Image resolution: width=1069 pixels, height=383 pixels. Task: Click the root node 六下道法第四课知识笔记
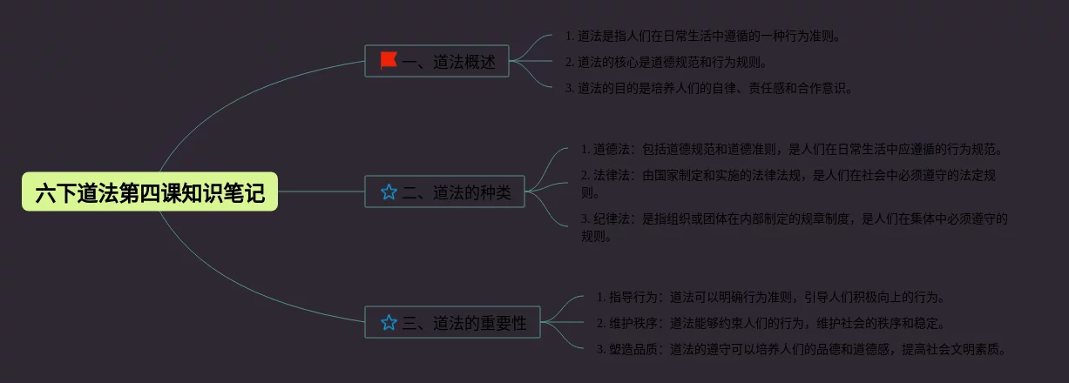click(x=149, y=192)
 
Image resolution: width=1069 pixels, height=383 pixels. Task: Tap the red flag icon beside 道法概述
click(x=389, y=61)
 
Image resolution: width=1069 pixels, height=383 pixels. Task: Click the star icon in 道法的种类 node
click(x=389, y=191)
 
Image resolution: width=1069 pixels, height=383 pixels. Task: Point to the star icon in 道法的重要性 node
click(x=389, y=322)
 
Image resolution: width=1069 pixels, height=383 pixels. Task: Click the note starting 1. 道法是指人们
click(x=702, y=37)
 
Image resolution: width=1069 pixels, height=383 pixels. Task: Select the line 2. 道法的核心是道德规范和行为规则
click(x=666, y=62)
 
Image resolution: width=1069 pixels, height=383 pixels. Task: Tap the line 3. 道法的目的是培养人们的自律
click(x=708, y=87)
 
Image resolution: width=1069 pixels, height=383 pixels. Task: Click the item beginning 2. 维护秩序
click(x=770, y=324)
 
